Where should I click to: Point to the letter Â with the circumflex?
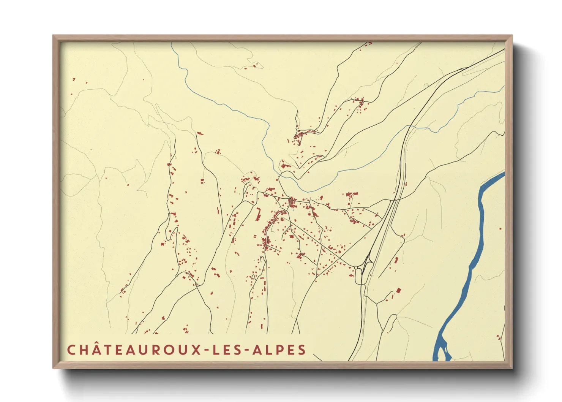pyautogui.click(x=95, y=349)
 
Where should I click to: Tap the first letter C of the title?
pyautogui.click(x=71, y=350)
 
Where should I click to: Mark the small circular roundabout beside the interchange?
pyautogui.click(x=356, y=268)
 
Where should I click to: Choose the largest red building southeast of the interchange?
pyautogui.click(x=398, y=290)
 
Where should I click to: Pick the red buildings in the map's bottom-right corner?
pyautogui.click(x=498, y=337)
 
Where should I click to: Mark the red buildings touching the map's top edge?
pyautogui.click(x=368, y=44)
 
